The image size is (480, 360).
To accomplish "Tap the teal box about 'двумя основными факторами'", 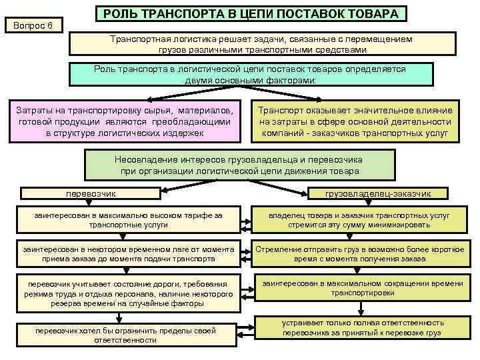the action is point(251,74).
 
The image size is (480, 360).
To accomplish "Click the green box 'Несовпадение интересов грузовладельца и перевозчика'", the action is point(238,165).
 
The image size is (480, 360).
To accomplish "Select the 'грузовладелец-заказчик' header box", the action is point(378,193).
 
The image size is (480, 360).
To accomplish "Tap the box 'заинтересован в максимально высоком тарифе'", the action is point(119,221).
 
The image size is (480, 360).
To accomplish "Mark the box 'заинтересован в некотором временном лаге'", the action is point(119,253).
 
